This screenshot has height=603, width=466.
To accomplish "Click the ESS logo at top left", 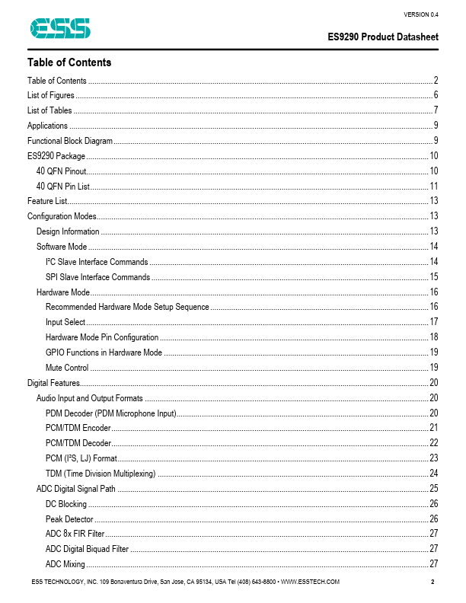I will (x=60, y=28).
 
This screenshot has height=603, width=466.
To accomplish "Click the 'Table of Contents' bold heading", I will (x=69, y=62).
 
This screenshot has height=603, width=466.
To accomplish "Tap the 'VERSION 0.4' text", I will (x=420, y=14).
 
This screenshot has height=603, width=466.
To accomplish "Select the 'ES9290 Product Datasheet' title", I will (x=383, y=37).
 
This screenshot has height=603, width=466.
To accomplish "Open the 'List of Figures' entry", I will (x=51, y=95).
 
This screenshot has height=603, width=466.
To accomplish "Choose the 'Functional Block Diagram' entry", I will (x=70, y=141).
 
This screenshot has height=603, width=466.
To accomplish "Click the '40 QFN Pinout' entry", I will (x=61, y=171).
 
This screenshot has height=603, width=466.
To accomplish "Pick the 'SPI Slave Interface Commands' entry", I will (x=97, y=277).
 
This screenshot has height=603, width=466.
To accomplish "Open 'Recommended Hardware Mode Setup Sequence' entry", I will (x=127, y=307).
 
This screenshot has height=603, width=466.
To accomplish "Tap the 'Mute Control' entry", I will (x=67, y=368).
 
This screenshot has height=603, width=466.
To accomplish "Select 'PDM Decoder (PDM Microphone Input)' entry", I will (x=111, y=413).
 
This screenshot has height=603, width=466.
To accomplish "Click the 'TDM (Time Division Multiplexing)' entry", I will (x=101, y=474).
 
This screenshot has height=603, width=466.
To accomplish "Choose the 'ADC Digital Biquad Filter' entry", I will (x=87, y=549).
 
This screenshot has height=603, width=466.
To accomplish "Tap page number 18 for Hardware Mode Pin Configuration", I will (x=434, y=337).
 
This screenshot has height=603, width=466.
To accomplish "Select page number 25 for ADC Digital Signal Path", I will (x=434, y=489).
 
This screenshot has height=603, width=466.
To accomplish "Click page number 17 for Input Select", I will (x=434, y=322).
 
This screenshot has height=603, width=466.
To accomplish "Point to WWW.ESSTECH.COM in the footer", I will (x=310, y=582).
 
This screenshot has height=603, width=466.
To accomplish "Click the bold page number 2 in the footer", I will (x=432, y=582).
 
